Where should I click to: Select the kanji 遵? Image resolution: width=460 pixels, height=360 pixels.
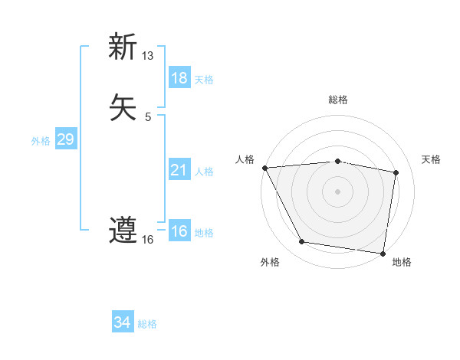point(123,231)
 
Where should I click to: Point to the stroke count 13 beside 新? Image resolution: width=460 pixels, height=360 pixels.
point(148,56)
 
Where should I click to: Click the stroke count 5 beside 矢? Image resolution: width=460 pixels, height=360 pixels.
point(148,117)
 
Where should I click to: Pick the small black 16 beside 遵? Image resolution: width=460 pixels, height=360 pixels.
point(148,240)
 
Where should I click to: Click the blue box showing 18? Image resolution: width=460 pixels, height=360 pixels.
point(179,78)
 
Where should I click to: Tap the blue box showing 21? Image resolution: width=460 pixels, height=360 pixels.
point(179,170)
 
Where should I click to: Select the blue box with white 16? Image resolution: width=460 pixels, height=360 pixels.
point(179,231)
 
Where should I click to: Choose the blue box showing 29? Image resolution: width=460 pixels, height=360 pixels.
point(65,139)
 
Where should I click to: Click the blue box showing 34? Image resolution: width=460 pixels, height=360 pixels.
point(123,322)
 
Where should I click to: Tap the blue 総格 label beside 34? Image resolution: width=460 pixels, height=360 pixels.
point(147,324)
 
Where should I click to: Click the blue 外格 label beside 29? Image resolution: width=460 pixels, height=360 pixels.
point(41,141)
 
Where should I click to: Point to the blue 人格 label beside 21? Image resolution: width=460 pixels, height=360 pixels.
point(204,172)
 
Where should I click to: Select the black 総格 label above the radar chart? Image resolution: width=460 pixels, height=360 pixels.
point(338,100)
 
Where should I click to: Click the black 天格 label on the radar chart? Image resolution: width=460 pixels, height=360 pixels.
point(432,159)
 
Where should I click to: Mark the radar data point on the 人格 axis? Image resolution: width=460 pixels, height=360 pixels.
point(264,168)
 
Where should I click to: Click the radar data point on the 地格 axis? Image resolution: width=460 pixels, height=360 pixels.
point(383,253)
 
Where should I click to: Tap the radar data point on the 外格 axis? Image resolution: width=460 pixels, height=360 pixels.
point(302,242)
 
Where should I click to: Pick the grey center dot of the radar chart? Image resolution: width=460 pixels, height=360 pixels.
point(338,191)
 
